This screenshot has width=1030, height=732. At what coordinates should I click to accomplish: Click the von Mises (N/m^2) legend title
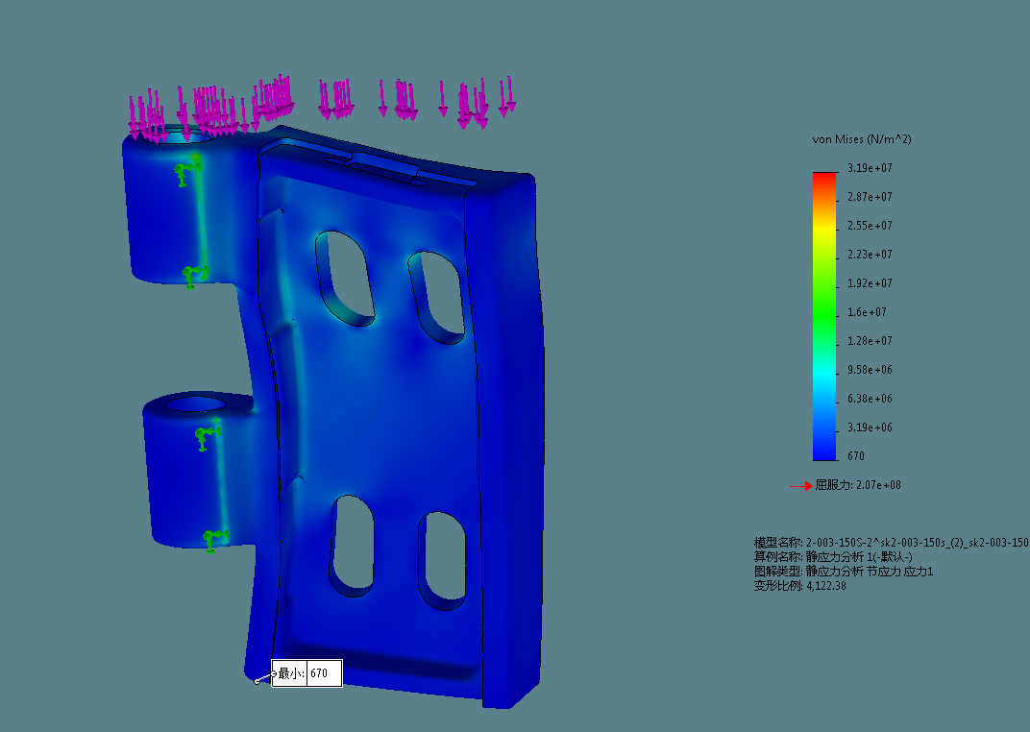pyautogui.click(x=862, y=139)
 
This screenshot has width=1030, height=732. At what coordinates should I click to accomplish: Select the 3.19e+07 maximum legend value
pyautogui.click(x=870, y=168)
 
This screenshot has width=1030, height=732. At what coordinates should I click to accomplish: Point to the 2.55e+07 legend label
pyautogui.click(x=870, y=226)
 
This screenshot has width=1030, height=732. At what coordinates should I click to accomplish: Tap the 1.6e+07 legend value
pyautogui.click(x=867, y=312)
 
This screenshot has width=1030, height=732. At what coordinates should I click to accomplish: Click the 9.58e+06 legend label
pyautogui.click(x=870, y=370)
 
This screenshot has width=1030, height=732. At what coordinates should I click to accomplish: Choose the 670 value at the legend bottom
pyautogui.click(x=856, y=455)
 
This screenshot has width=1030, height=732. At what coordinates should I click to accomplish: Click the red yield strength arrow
pyautogui.click(x=800, y=486)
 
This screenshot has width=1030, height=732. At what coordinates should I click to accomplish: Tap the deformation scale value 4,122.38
pyautogui.click(x=826, y=586)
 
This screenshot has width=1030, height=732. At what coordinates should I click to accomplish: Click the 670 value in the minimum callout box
pyautogui.click(x=319, y=672)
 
